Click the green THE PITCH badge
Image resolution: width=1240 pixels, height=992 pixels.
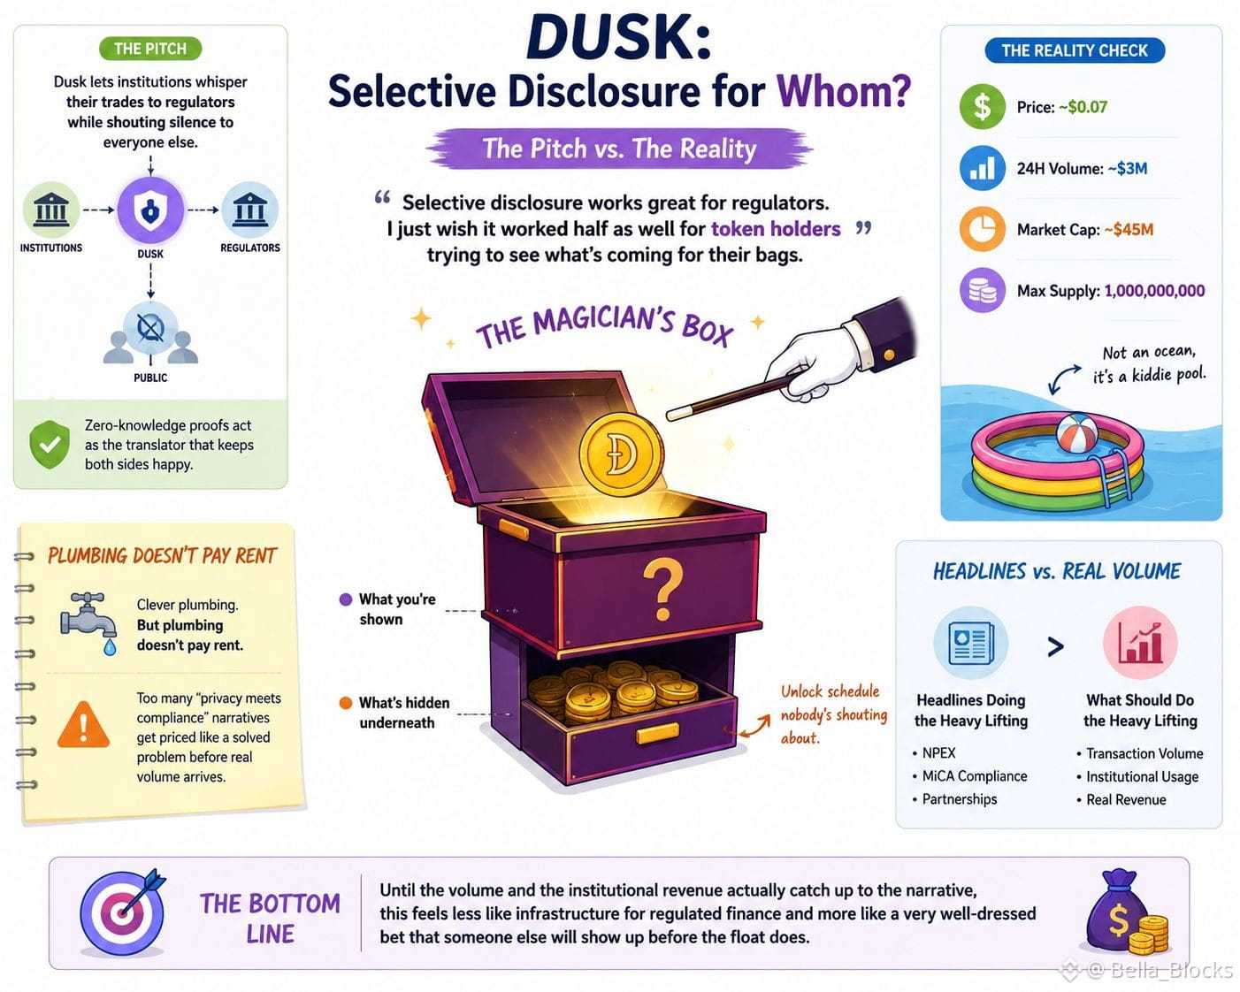[x=150, y=49]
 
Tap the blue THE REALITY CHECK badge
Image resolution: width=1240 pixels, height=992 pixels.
[x=1075, y=50]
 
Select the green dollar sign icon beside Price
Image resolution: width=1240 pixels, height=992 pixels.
[x=983, y=107]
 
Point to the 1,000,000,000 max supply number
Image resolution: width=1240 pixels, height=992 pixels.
[x=1155, y=291]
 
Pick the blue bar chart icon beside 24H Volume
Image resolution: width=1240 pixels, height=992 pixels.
[x=983, y=168]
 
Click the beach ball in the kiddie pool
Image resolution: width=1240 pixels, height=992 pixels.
[x=1077, y=434]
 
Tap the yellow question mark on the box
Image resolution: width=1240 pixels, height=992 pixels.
[x=662, y=590]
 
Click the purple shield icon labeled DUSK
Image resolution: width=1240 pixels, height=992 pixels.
[x=150, y=210]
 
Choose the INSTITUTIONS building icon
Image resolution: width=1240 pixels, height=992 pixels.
[x=51, y=210]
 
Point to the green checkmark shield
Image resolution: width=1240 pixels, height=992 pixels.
[x=50, y=444]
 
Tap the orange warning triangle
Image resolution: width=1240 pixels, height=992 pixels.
[x=83, y=725]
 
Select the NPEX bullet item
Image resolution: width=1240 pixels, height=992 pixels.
[x=934, y=753]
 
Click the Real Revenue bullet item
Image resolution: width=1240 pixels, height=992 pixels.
[x=1121, y=799]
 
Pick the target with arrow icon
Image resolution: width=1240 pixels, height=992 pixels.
[x=123, y=912]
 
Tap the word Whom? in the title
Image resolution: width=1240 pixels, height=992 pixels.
[x=844, y=91]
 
